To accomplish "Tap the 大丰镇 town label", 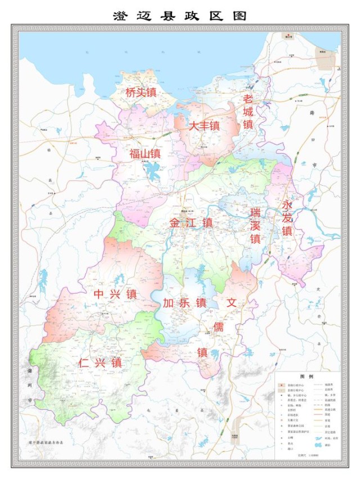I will [204, 127].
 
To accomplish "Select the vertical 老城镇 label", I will [248, 111].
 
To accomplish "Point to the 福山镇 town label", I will [145, 154].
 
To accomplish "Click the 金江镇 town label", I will [192, 223].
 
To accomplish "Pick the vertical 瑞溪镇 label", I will [256, 225].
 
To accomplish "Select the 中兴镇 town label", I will [115, 294].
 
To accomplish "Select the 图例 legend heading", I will [307, 376].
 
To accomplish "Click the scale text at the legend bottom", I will [307, 455].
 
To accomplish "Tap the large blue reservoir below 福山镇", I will [153, 171].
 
